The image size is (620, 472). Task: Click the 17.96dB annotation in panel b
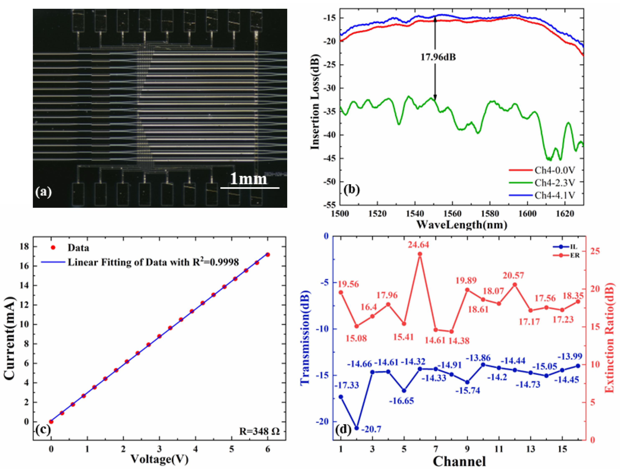click(438, 57)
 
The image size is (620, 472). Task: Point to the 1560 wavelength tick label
click(452, 214)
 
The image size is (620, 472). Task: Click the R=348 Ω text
click(259, 431)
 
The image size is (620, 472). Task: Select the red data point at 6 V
click(268, 254)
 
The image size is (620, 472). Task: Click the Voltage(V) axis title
click(159, 459)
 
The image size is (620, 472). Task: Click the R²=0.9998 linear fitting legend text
click(153, 262)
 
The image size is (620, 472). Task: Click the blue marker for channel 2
click(357, 428)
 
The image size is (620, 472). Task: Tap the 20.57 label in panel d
click(513, 276)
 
